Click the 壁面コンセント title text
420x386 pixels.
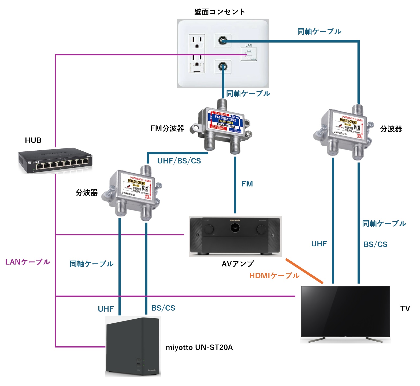tap(220, 12)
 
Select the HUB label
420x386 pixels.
tap(33, 140)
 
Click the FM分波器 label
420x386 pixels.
tap(167, 128)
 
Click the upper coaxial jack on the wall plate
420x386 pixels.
tap(223, 41)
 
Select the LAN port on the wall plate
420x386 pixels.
tap(249, 54)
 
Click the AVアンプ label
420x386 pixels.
tap(237, 264)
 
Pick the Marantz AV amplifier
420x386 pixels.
tap(235, 236)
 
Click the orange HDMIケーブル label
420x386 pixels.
tap(274, 276)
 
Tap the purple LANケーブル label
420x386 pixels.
tap(28, 262)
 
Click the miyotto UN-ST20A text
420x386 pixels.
tap(199, 347)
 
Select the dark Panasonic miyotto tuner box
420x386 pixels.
tap(133, 347)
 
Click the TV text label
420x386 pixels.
tap(405, 309)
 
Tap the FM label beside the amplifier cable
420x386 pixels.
tap(247, 184)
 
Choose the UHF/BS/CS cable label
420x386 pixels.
tap(179, 161)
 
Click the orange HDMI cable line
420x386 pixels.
tap(304, 271)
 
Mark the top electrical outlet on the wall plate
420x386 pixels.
tap(197, 43)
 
